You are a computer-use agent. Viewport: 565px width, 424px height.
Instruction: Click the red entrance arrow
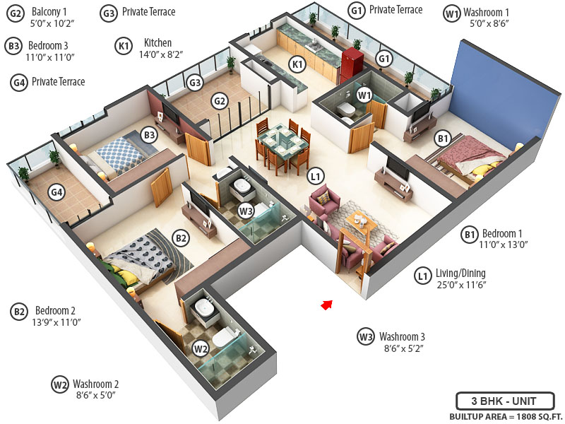coord(326,305)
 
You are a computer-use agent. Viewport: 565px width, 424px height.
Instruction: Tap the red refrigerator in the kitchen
coord(352,61)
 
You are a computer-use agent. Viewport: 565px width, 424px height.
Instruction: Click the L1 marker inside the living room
coord(316,177)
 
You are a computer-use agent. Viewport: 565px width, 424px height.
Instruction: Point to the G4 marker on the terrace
coord(56,192)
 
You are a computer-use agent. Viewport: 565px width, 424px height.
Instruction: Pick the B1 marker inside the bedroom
coord(442,139)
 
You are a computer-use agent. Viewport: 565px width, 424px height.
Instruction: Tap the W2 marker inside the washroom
coord(201,348)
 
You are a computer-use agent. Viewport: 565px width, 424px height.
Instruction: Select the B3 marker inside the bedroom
coord(149,134)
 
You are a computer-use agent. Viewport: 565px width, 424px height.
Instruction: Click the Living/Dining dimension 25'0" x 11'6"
coord(462,285)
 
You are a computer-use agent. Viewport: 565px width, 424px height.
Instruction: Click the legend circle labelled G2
coord(14,13)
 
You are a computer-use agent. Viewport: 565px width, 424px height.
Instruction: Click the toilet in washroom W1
coord(346,109)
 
